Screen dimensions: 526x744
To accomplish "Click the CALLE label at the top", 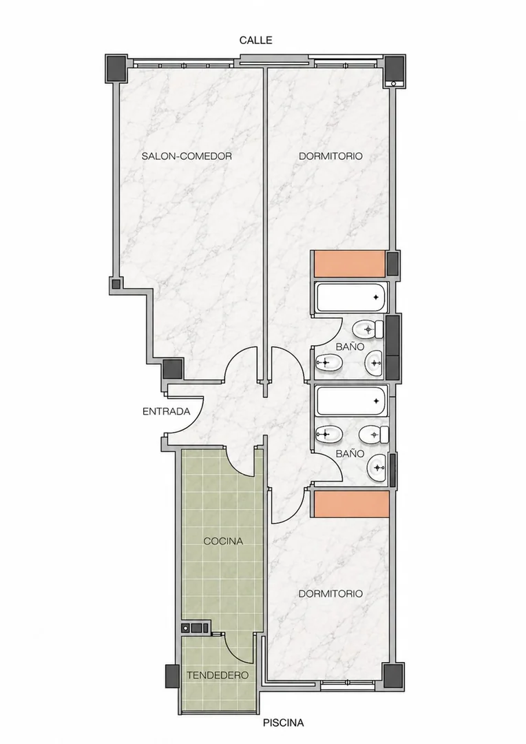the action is click(x=255, y=41).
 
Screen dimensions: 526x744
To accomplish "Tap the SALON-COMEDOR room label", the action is click(x=187, y=156).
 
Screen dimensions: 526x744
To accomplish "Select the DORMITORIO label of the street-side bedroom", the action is click(x=330, y=156).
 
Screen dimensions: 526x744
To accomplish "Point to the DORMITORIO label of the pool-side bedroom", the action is click(x=330, y=594).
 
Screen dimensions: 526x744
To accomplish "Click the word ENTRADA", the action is click(x=167, y=411).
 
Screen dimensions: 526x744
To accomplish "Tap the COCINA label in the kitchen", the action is click(x=223, y=541).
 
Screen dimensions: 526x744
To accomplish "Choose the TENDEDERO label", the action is click(x=218, y=674).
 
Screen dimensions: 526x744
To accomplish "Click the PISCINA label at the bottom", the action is click(x=283, y=723).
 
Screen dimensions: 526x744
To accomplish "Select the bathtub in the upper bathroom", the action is click(x=352, y=298).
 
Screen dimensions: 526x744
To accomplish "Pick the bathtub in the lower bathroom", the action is click(x=352, y=401).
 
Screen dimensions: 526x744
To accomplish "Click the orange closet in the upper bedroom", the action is click(x=350, y=264).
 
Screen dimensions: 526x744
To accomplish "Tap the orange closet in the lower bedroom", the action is click(x=351, y=504).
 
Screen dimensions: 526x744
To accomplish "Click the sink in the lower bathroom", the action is click(x=377, y=468).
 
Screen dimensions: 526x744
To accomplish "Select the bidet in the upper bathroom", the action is click(x=328, y=364).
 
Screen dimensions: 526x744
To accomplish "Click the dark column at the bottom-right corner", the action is click(x=393, y=676).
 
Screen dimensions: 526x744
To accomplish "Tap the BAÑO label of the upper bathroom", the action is click(x=350, y=347).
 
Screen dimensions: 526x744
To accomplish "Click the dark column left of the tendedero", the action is click(x=171, y=676).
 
